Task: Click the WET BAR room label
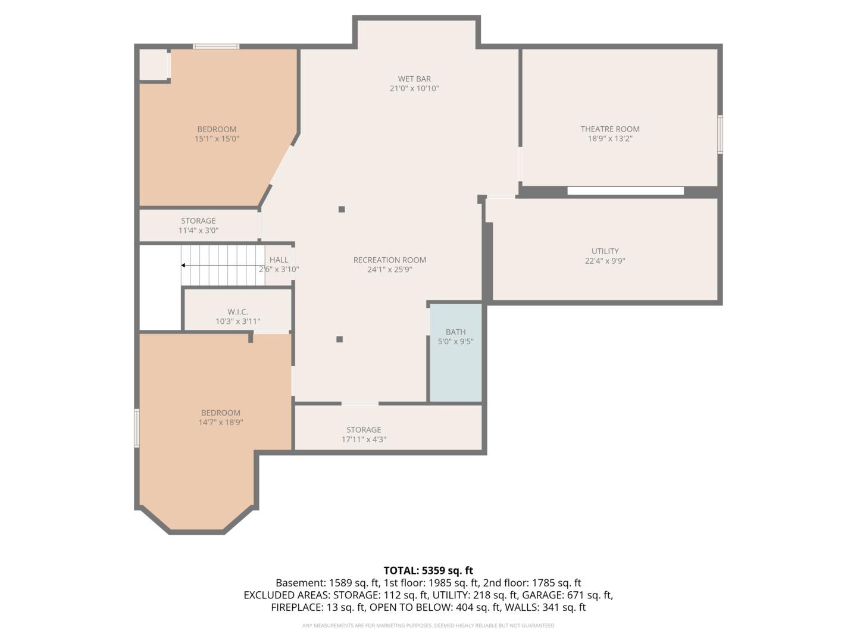414,79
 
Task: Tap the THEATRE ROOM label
610,129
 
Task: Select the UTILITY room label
605,251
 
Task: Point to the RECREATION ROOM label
390,260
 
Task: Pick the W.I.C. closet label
237,312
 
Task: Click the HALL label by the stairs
279,260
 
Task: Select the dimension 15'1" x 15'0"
217,139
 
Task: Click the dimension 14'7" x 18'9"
221,423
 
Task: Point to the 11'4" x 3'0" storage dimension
198,230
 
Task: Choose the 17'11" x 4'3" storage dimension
364,439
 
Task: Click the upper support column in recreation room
342,209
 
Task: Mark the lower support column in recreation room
339,339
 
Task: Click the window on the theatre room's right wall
720,135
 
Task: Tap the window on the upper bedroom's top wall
215,46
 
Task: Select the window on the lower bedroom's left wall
137,427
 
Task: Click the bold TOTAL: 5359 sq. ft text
428,570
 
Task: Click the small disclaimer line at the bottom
428,626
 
